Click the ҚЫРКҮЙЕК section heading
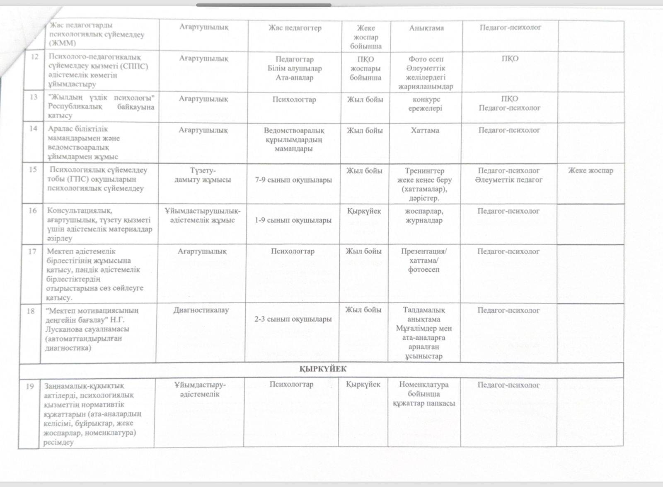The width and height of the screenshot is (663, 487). pyautogui.click(x=323, y=369)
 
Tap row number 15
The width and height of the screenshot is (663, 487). pyautogui.click(x=33, y=169)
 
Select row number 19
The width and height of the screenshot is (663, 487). pyautogui.click(x=30, y=386)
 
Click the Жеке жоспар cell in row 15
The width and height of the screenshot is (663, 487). pyautogui.click(x=590, y=170)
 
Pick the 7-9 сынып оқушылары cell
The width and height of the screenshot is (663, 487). pyautogui.click(x=294, y=180)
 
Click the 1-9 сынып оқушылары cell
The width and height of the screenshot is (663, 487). pyautogui.click(x=293, y=220)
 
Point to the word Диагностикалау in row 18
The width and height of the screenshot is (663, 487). pyautogui.click(x=201, y=310)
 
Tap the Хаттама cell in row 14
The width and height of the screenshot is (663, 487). pyautogui.click(x=425, y=130)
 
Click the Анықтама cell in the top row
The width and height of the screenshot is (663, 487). pyautogui.click(x=426, y=28)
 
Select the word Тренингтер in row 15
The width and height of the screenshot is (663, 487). pyautogui.click(x=425, y=170)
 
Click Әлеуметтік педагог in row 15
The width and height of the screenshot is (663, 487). pyautogui.click(x=509, y=180)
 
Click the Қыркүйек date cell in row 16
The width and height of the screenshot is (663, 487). pyautogui.click(x=364, y=211)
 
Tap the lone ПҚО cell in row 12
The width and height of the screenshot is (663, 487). pyautogui.click(x=510, y=58)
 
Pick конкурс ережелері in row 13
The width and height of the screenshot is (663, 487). pyautogui.click(x=426, y=104)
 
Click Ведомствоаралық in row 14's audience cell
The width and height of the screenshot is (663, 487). pyautogui.click(x=294, y=130)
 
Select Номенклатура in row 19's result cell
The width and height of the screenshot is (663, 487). pyautogui.click(x=424, y=385)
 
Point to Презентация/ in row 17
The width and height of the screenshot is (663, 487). pyautogui.click(x=424, y=251)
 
